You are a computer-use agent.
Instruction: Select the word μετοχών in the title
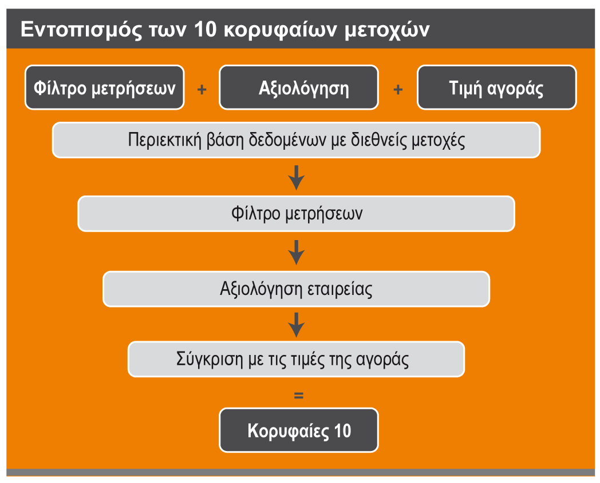(x=387, y=30)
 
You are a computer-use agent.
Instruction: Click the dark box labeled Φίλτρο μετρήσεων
(x=104, y=87)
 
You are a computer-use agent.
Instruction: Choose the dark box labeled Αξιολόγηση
(x=299, y=87)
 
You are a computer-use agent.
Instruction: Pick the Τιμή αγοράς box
(x=497, y=87)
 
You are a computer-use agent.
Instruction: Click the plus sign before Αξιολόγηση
(x=202, y=89)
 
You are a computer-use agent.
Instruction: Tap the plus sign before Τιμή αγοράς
(x=398, y=89)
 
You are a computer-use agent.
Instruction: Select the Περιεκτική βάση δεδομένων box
(x=297, y=140)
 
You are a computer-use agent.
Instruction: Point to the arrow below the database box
(x=297, y=178)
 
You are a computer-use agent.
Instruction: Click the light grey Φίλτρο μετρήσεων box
(x=297, y=214)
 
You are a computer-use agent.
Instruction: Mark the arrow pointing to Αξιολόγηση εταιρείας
(x=297, y=252)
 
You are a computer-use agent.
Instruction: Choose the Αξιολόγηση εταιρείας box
(x=297, y=289)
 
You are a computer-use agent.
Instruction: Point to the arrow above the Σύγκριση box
(x=297, y=325)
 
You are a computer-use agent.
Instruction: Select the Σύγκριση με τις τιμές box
(x=297, y=359)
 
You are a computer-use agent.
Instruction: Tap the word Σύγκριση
(x=210, y=360)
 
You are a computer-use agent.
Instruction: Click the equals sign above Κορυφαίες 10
(x=299, y=396)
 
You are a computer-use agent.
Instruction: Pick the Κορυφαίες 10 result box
(x=299, y=430)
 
